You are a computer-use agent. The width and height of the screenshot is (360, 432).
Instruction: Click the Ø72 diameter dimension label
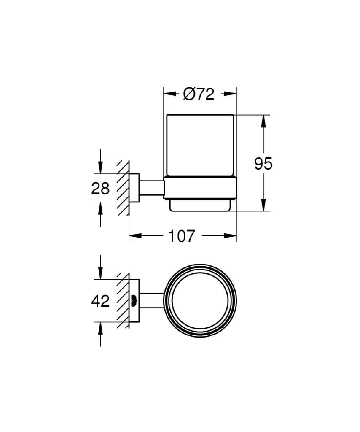(x=199, y=94)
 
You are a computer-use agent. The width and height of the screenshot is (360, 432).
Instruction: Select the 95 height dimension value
(x=263, y=163)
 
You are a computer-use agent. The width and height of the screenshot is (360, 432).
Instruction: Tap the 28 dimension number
(x=100, y=188)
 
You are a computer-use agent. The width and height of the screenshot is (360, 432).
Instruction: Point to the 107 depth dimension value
(x=182, y=236)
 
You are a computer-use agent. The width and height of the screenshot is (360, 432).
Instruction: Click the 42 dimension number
(x=100, y=301)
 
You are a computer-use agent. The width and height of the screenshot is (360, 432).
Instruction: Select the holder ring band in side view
(x=200, y=187)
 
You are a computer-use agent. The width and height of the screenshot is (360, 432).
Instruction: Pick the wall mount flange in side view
(x=134, y=188)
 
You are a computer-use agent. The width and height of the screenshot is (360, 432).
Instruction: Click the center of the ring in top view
(x=200, y=301)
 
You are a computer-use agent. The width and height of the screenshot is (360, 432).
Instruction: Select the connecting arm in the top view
(x=151, y=301)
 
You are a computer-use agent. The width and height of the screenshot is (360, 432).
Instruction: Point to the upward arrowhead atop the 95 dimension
(x=264, y=120)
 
